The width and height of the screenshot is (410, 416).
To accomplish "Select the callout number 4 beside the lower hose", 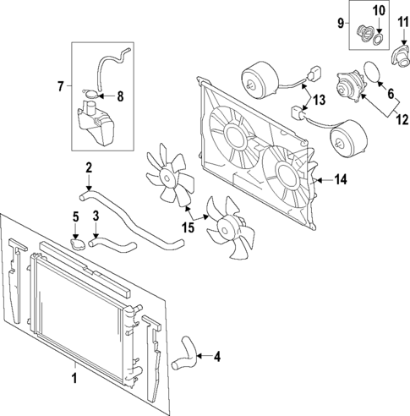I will coord(217,357).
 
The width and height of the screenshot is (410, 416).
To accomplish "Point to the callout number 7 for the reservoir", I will coord(60,85).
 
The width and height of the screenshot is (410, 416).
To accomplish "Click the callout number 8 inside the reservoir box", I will coord(120,96).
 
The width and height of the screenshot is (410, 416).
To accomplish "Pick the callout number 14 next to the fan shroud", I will coord(341,178).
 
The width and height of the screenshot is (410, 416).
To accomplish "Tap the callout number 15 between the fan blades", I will coord(189,227).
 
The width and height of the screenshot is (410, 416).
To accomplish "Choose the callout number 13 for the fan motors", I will coord(319,100).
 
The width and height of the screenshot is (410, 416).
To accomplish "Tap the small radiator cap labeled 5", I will coord(79,245).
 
